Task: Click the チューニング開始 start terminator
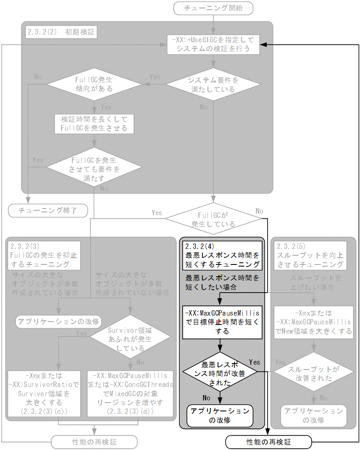click(x=213, y=8)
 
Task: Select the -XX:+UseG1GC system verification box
click(x=213, y=44)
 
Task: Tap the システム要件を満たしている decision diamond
click(x=213, y=84)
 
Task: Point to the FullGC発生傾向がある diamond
click(x=94, y=84)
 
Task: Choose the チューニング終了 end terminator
click(x=48, y=210)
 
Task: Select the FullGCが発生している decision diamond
click(x=213, y=218)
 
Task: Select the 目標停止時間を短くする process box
click(x=222, y=322)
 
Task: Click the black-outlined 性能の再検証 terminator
click(x=268, y=442)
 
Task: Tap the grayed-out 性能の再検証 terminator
click(x=94, y=442)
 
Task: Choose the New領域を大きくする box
click(x=313, y=322)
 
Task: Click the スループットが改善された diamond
click(x=313, y=374)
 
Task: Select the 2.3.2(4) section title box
click(x=222, y=255)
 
